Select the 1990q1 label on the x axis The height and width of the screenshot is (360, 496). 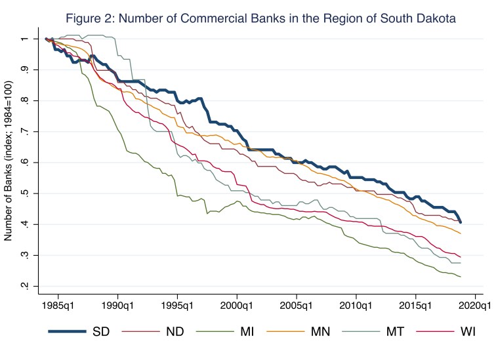(x=117, y=305)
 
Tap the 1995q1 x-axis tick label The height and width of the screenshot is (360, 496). (x=177, y=305)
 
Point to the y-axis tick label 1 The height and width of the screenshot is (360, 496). (x=25, y=39)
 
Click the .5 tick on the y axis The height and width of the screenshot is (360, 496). (x=25, y=193)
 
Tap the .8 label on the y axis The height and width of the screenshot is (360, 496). (x=25, y=100)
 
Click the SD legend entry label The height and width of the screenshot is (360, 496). (x=102, y=331)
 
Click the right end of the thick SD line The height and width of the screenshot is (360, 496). (x=461, y=222)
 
